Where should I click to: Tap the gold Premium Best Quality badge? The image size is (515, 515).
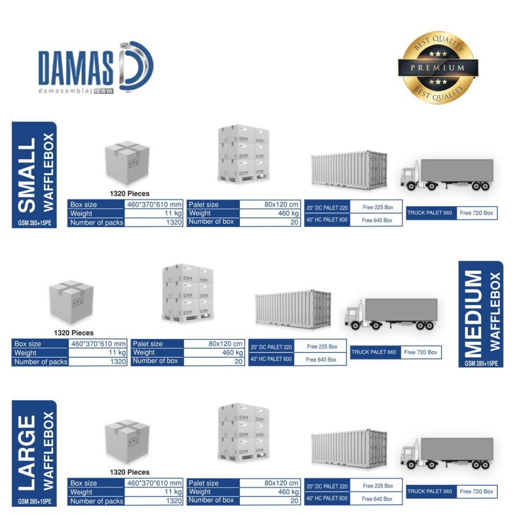pyautogui.click(x=438, y=68)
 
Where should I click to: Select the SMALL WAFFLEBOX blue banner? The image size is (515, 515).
pyautogui.click(x=34, y=174)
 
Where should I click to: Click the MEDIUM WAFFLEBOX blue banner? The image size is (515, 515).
pyautogui.click(x=481, y=314)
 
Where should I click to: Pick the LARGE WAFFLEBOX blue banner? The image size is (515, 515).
pyautogui.click(x=34, y=453)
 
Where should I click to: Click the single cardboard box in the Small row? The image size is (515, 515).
pyautogui.click(x=127, y=162)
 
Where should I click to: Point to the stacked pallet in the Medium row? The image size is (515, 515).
pyautogui.click(x=187, y=292)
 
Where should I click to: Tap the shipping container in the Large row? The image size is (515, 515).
pyautogui.click(x=349, y=448)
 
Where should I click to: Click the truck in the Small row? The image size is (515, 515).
pyautogui.click(x=446, y=174)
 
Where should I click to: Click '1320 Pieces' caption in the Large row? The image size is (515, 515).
pyautogui.click(x=129, y=472)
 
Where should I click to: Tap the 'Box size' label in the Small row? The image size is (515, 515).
pyautogui.click(x=84, y=204)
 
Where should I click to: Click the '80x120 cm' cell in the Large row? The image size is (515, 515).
pyautogui.click(x=281, y=483)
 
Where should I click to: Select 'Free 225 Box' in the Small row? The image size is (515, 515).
pyautogui.click(x=377, y=207)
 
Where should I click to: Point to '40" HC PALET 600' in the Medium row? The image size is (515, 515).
pyautogui.click(x=271, y=359)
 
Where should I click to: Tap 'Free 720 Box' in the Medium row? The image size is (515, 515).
pyautogui.click(x=421, y=352)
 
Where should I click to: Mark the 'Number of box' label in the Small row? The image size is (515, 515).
pyautogui.click(x=211, y=222)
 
